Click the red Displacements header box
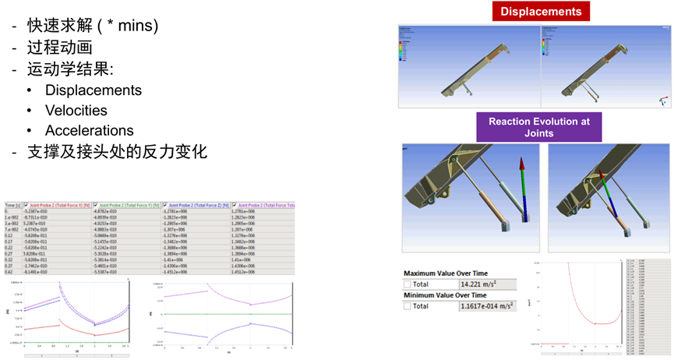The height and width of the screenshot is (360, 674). pyautogui.click(x=540, y=11)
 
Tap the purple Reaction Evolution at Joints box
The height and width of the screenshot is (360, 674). pyautogui.click(x=539, y=127)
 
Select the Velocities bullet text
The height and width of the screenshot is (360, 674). pyautogui.click(x=76, y=111)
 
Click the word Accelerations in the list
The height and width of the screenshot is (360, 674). pyautogui.click(x=89, y=130)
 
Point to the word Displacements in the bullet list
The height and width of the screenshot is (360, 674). pyautogui.click(x=94, y=90)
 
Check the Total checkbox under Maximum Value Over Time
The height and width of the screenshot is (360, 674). pyautogui.click(x=407, y=284)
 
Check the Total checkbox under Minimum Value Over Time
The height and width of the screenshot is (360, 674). pyautogui.click(x=407, y=306)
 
